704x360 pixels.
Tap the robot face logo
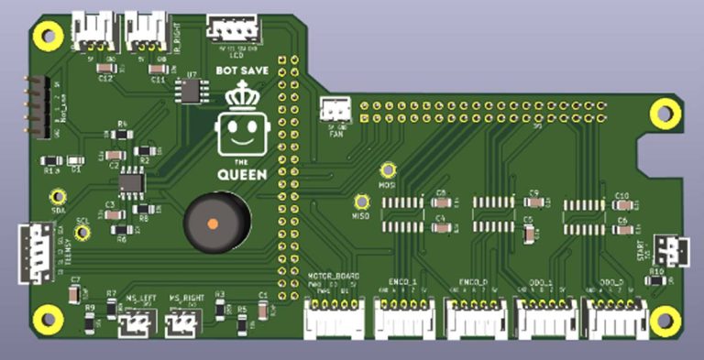[240, 133]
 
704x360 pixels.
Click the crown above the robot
[243, 93]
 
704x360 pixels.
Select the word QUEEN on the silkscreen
[242, 175]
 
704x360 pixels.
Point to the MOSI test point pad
[388, 169]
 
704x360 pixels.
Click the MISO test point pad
[361, 201]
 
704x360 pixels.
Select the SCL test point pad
[82, 232]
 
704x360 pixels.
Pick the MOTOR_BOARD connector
[334, 317]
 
